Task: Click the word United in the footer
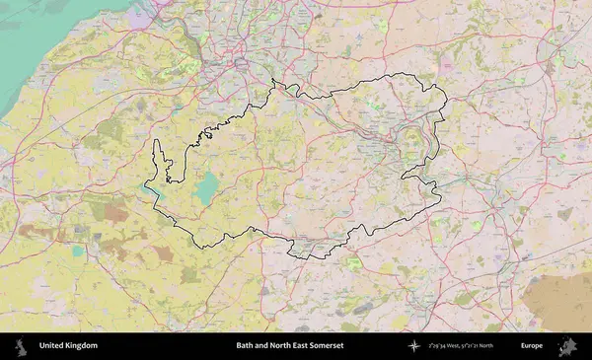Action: coord(51,346)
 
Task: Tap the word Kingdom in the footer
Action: coord(81,346)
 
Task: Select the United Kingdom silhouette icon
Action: coord(20,346)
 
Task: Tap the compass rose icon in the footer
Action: coord(414,346)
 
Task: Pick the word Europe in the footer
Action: coord(532,346)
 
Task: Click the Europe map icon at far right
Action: coord(568,346)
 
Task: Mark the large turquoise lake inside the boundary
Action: coord(206,188)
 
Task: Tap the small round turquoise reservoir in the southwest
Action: coord(78,251)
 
